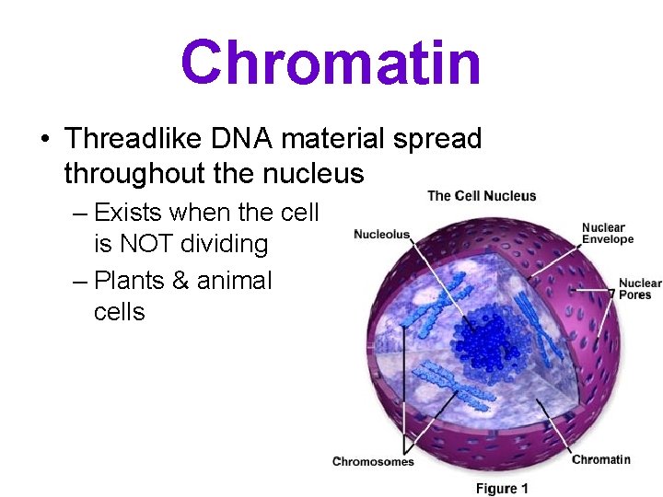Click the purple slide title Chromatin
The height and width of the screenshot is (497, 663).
click(x=331, y=63)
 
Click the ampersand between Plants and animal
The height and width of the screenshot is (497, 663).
click(x=180, y=280)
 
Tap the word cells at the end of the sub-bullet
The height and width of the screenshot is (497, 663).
click(x=119, y=312)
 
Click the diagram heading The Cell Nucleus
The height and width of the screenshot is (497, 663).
click(x=482, y=195)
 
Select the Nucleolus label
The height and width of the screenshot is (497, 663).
click(x=381, y=235)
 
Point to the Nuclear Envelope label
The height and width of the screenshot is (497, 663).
click(x=608, y=234)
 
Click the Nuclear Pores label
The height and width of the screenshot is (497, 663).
click(x=638, y=289)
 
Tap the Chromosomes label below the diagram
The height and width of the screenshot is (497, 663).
click(x=373, y=461)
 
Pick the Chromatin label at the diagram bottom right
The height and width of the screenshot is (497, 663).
click(x=600, y=459)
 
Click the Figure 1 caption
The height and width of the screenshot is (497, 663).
click(x=502, y=488)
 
